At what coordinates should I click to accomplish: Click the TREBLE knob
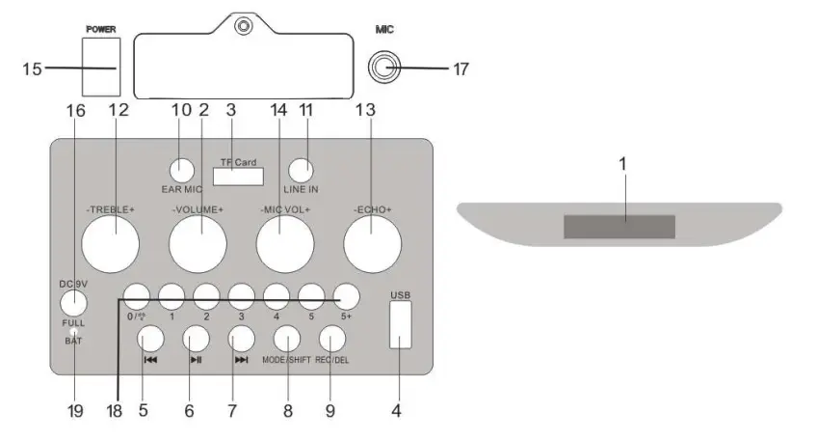[x=111, y=244]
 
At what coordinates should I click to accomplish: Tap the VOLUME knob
[x=198, y=244]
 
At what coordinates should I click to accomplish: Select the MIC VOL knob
[x=285, y=244]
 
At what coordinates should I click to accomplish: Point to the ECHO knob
[x=373, y=244]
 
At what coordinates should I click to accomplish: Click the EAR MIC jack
[x=182, y=171]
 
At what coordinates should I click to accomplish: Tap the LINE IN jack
[x=302, y=171]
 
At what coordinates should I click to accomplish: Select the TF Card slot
[x=238, y=177]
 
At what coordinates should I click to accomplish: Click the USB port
[x=400, y=324]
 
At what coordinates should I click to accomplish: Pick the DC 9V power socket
[x=73, y=303]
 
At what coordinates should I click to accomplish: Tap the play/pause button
[x=196, y=339]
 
